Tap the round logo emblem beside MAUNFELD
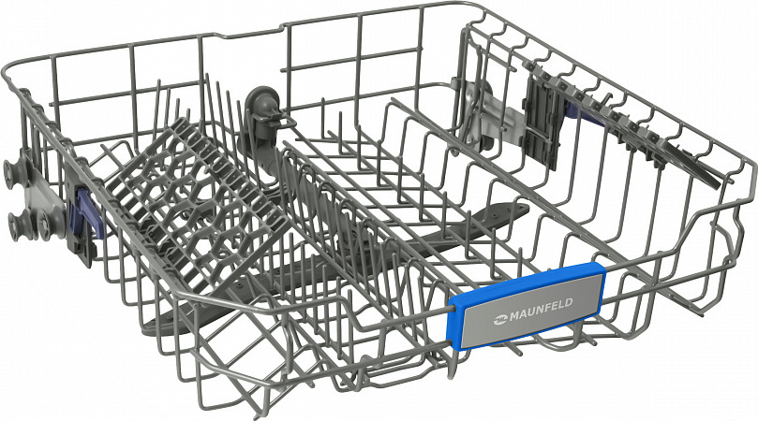pyautogui.click(x=498, y=319)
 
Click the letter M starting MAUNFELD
pyautogui.click(x=512, y=316)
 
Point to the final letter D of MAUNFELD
pyautogui.click(x=569, y=303)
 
